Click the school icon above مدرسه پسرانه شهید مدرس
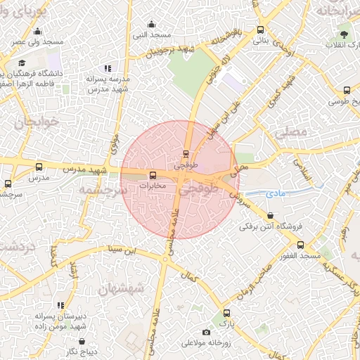(x=108, y=68)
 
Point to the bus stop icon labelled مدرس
(x=39, y=167)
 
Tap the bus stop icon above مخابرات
(x=153, y=174)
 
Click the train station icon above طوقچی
(x=186, y=153)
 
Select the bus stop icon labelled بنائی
(x=261, y=30)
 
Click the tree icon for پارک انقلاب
(x=345, y=33)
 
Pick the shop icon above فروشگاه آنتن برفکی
(x=271, y=215)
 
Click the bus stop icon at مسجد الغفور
(x=300, y=245)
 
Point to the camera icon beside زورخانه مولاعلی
(x=206, y=332)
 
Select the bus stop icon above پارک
(x=226, y=314)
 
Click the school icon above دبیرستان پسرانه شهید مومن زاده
(x=60, y=305)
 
